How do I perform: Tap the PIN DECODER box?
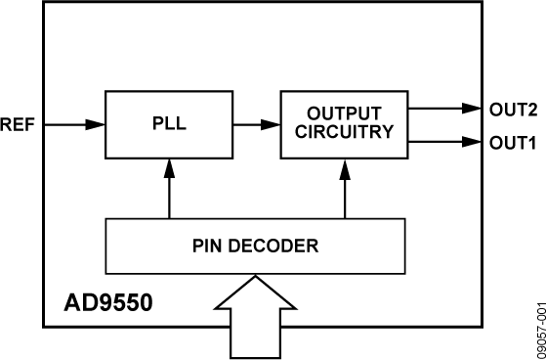(x=254, y=246)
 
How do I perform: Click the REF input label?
(x=18, y=124)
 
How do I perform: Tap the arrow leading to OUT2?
(x=444, y=108)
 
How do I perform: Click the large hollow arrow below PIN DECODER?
(x=254, y=313)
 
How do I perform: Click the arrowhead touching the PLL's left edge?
(x=99, y=124)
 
